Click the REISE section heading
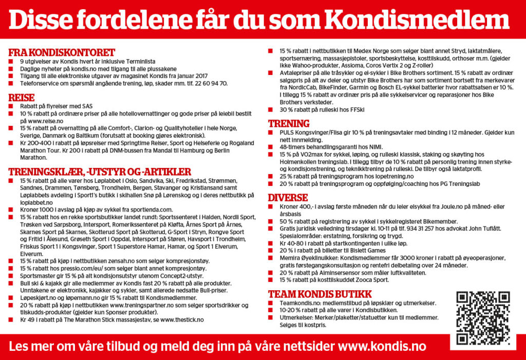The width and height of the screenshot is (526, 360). (22, 97)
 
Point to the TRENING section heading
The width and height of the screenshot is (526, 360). (289, 123)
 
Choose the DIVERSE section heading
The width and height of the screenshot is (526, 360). (287, 197)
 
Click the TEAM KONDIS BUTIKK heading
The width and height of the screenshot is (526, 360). (320, 294)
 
